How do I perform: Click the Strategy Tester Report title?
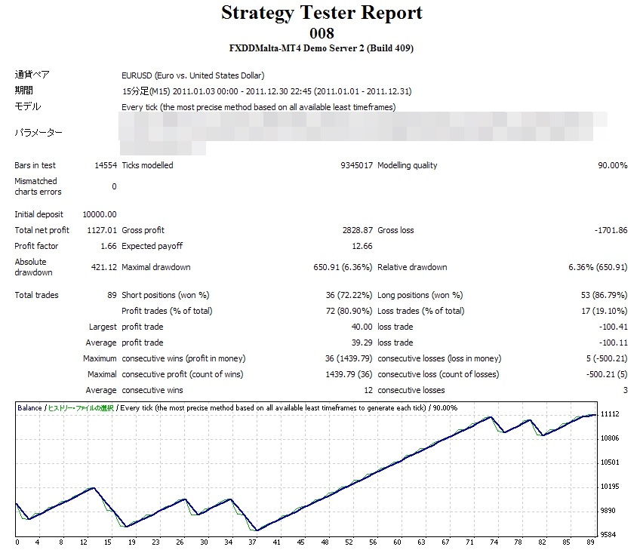tap(321, 13)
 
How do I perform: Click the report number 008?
tap(321, 33)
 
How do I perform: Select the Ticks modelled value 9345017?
tap(356, 165)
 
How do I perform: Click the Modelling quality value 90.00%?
tap(612, 165)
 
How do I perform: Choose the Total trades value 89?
tap(112, 295)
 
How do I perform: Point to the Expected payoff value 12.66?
tap(361, 246)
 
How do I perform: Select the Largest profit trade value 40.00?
tap(361, 327)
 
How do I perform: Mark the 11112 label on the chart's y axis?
tap(610, 414)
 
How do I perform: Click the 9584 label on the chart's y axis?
tap(608, 535)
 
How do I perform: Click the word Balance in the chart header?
tap(30, 407)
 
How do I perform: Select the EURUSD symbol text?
tap(137, 75)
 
